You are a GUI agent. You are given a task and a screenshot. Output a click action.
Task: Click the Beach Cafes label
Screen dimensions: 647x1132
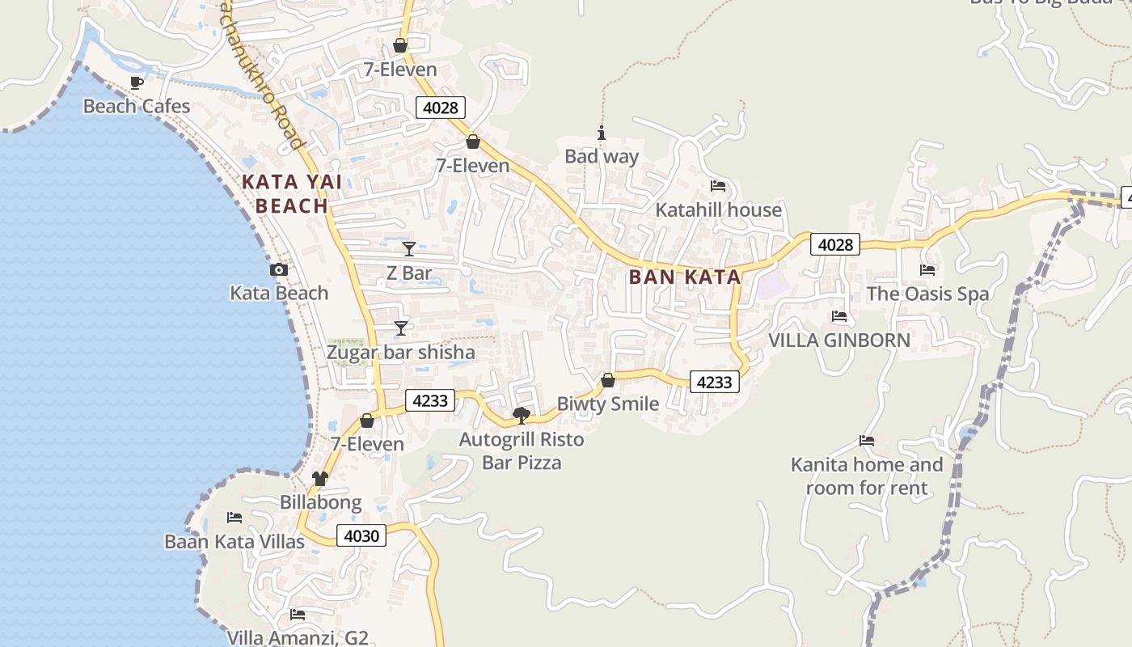137,106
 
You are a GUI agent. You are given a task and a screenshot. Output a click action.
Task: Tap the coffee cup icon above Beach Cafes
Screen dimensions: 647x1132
137,82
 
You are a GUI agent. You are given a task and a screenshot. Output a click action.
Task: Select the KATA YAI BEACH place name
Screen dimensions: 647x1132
292,194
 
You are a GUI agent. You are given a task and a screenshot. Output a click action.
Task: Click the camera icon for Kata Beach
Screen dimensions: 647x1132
279,269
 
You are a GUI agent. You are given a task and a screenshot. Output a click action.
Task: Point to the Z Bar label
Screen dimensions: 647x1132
409,273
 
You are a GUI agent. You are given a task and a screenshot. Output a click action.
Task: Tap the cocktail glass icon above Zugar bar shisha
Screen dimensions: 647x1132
401,328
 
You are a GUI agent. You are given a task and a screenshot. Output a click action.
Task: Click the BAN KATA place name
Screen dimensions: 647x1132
685,277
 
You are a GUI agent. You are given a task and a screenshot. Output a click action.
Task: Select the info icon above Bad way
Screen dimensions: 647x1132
601,133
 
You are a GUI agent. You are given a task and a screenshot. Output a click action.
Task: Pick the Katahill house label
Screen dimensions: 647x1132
718,210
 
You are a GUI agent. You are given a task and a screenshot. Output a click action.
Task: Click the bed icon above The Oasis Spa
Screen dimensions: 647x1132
927,269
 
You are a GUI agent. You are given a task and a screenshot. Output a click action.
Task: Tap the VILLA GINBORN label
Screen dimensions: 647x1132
839,340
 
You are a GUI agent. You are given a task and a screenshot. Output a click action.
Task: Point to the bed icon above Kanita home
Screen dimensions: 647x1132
867,441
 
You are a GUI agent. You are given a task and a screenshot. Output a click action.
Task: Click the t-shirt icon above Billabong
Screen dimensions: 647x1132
320,478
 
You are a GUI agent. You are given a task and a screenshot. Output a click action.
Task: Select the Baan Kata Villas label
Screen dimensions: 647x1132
234,541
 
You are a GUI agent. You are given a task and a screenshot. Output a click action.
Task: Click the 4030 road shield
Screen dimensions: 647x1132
361,535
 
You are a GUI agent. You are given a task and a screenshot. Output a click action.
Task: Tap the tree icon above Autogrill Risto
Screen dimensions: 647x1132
522,416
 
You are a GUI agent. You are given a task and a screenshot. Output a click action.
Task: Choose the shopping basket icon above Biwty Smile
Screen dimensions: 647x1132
608,380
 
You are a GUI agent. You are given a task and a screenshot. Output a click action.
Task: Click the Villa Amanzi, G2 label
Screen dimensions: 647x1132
298,637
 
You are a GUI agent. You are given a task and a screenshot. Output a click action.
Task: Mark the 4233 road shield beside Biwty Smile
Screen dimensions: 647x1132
715,382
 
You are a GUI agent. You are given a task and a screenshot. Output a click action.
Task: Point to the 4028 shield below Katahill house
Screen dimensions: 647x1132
835,244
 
